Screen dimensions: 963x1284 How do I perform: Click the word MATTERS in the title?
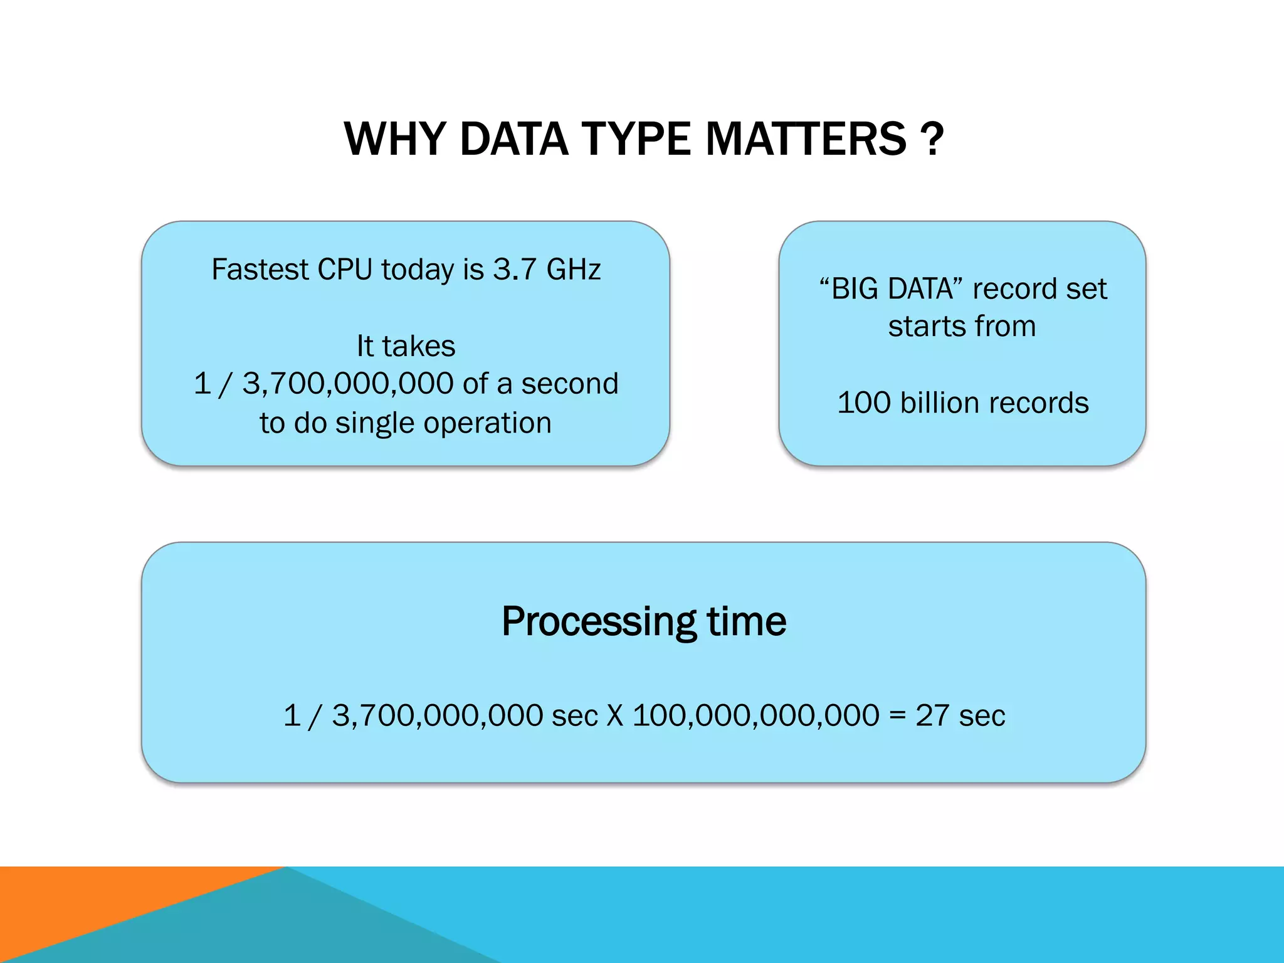(x=806, y=139)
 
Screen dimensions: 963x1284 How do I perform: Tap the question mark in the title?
(x=933, y=139)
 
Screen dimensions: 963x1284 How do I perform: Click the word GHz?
(x=573, y=270)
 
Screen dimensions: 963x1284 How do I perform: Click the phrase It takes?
(x=406, y=346)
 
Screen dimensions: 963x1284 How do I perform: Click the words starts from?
(x=962, y=327)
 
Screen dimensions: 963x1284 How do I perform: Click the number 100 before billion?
(x=864, y=403)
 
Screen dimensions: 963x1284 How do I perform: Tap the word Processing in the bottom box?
(x=599, y=622)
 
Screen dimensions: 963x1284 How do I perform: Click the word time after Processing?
(x=746, y=622)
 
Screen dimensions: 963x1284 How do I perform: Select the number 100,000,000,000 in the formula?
(x=755, y=715)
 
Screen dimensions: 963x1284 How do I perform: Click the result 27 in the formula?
(x=932, y=715)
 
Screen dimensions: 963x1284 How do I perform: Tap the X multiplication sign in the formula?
(x=615, y=715)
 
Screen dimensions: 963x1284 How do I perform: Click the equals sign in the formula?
(x=897, y=715)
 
